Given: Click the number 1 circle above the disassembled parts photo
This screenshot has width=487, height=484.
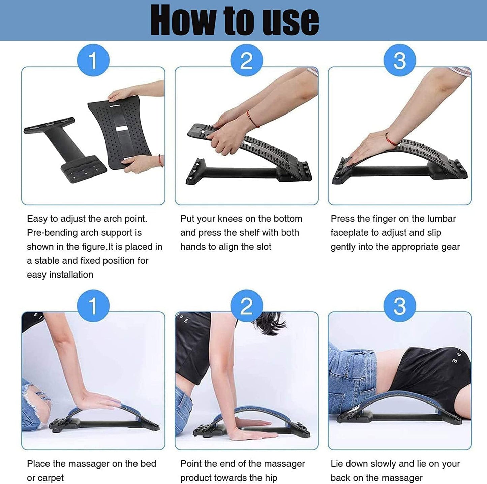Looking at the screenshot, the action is [x=93, y=60].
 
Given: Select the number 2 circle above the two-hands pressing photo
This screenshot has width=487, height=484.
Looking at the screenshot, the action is [x=246, y=60].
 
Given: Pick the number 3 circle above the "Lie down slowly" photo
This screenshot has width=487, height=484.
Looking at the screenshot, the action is [x=400, y=306].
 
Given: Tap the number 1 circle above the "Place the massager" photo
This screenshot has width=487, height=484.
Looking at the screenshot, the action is [x=93, y=306].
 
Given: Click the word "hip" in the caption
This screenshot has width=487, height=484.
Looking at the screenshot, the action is [x=272, y=478].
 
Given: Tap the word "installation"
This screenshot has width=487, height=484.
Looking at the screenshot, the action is [x=71, y=275].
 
